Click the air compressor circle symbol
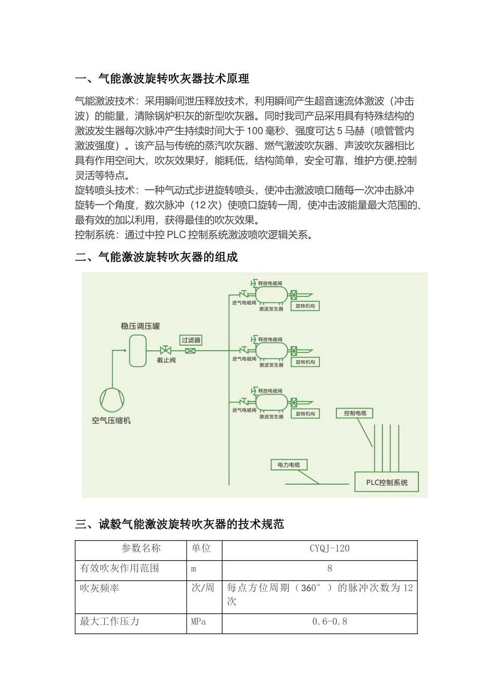(113, 400)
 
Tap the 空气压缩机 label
(112, 420)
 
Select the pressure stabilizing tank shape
(138, 351)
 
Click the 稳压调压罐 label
(140, 326)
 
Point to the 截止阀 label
(166, 360)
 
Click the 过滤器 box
(191, 340)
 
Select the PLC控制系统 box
(387, 482)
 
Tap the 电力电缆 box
(289, 465)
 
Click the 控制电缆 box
(355, 413)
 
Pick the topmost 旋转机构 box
(305, 306)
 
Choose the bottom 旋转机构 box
(305, 414)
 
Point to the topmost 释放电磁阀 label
(270, 283)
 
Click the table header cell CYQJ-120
(329, 548)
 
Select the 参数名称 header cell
(141, 548)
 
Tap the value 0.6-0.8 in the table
(329, 621)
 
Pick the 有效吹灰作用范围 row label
(119, 568)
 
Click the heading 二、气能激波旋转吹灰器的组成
(156, 257)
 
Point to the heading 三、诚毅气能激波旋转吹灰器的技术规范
(179, 524)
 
